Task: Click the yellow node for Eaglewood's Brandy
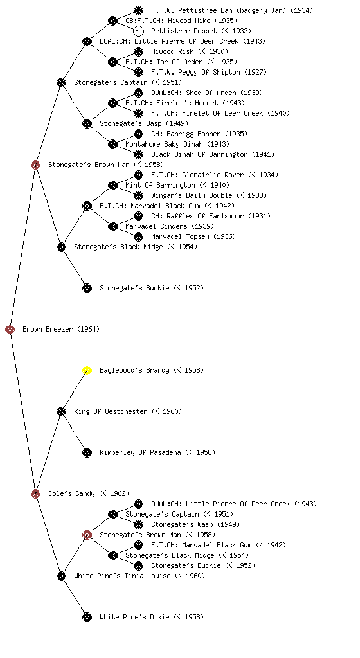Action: click(87, 370)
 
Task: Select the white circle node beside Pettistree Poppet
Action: click(138, 31)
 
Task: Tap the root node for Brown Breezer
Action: click(10, 329)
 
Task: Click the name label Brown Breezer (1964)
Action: click(61, 329)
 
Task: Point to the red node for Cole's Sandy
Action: click(35, 493)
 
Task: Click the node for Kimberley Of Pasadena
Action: click(87, 452)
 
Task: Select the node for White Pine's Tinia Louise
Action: click(61, 576)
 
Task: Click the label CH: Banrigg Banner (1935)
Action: click(199, 134)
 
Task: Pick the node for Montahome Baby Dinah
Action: click(113, 144)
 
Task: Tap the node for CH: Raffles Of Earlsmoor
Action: click(138, 216)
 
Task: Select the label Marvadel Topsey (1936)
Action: click(194, 236)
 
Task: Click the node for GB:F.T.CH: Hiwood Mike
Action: click(113, 21)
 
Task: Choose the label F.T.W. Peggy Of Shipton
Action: click(209, 72)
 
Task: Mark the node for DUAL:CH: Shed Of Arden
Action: click(138, 93)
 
